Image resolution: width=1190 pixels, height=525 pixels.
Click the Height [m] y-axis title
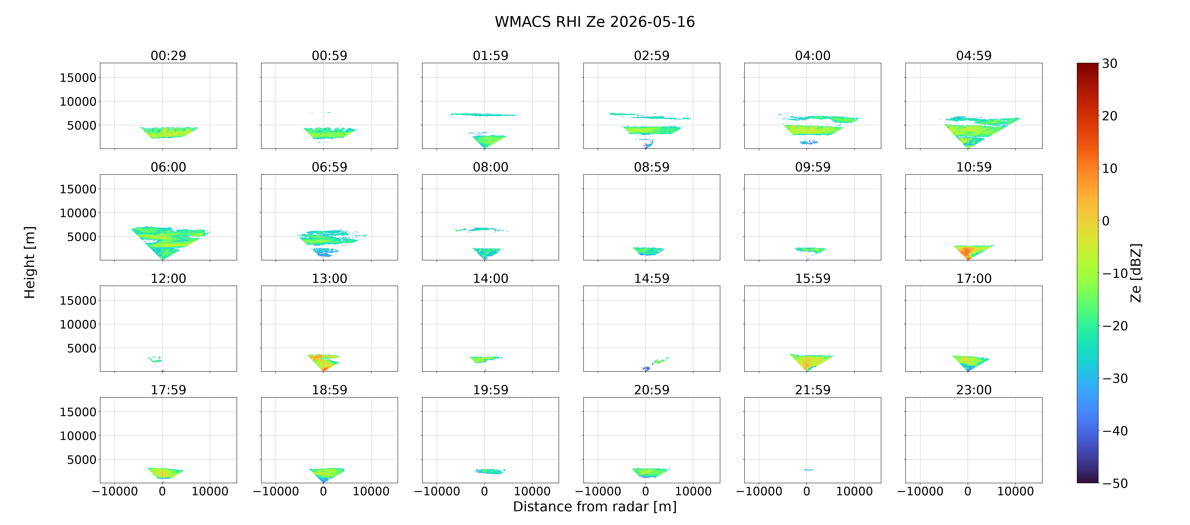(x=30, y=262)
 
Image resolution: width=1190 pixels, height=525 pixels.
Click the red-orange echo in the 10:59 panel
(x=967, y=252)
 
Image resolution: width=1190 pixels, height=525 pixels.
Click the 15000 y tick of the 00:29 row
(x=78, y=78)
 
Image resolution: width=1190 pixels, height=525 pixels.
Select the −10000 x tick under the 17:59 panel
(x=115, y=491)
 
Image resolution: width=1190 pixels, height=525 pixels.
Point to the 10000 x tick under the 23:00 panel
(x=1015, y=491)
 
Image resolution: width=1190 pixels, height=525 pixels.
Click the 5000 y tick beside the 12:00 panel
(x=82, y=348)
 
